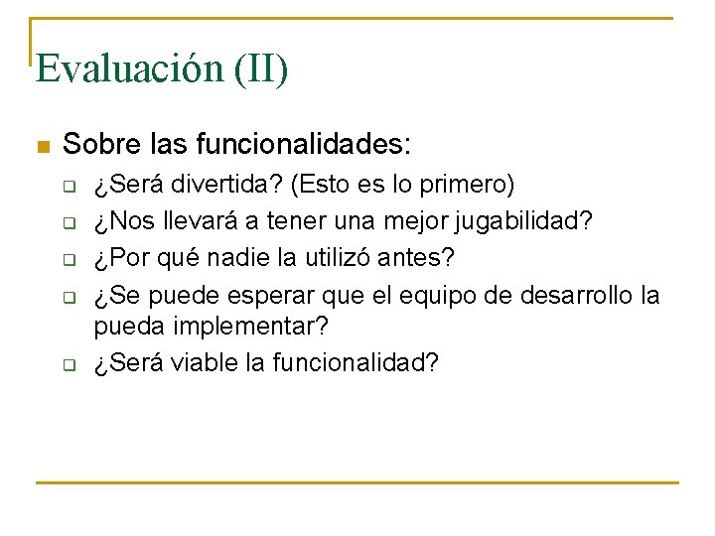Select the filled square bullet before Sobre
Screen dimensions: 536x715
[x=42, y=147]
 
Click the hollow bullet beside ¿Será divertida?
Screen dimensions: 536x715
[x=71, y=187]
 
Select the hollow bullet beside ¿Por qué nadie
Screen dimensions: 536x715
[x=71, y=259]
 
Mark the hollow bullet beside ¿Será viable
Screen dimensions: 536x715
[x=71, y=364]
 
